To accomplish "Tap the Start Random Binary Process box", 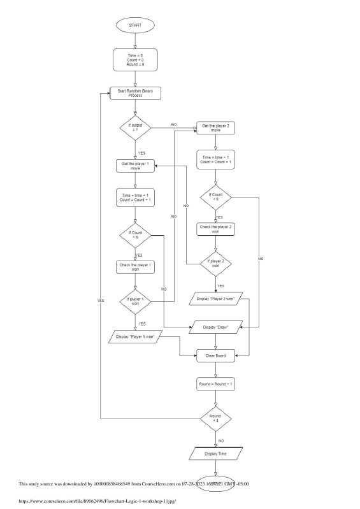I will [134, 93].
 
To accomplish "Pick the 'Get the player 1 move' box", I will [134, 166].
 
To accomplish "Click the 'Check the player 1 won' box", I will [134, 267].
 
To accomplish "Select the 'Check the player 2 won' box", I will [215, 229].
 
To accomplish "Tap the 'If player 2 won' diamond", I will [215, 263].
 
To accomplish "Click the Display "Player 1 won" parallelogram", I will [134, 336].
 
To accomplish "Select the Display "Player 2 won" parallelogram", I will [215, 298].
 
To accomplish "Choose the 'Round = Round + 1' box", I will [215, 385].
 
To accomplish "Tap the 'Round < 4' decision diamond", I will [215, 419].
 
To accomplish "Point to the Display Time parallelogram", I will [215, 453].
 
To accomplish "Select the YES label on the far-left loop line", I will [100, 299].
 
